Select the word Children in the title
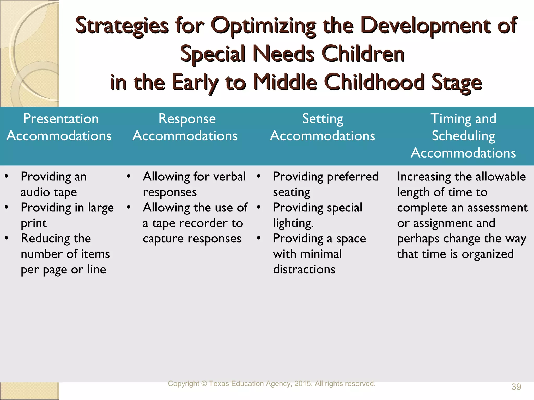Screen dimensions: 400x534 coord(363,54)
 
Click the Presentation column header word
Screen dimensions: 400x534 coord(61,119)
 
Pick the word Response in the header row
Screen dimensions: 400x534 coord(187,119)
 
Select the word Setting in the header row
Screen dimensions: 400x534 coord(323,119)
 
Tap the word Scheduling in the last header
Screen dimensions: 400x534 coord(463,136)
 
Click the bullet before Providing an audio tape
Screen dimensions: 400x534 coord(7,176)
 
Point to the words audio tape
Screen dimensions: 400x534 coord(49,192)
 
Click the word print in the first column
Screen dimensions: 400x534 coord(34,223)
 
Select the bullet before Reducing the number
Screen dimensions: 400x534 coord(7,238)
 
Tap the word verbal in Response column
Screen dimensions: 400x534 coord(229,177)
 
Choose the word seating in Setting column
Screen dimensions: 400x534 coord(292,192)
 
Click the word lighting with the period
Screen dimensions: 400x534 coord(293,223)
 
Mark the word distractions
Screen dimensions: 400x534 coord(304,270)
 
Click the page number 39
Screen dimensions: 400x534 coord(516,387)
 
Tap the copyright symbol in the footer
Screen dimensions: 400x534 coord(204,384)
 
